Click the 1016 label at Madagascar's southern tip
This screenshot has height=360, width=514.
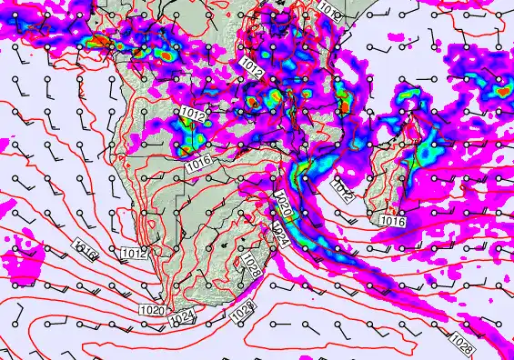(392, 221)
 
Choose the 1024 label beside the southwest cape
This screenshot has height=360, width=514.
(184, 316)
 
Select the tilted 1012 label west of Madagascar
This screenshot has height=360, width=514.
(343, 189)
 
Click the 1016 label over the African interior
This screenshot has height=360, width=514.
(200, 165)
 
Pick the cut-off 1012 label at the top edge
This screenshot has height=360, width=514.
(328, 5)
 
